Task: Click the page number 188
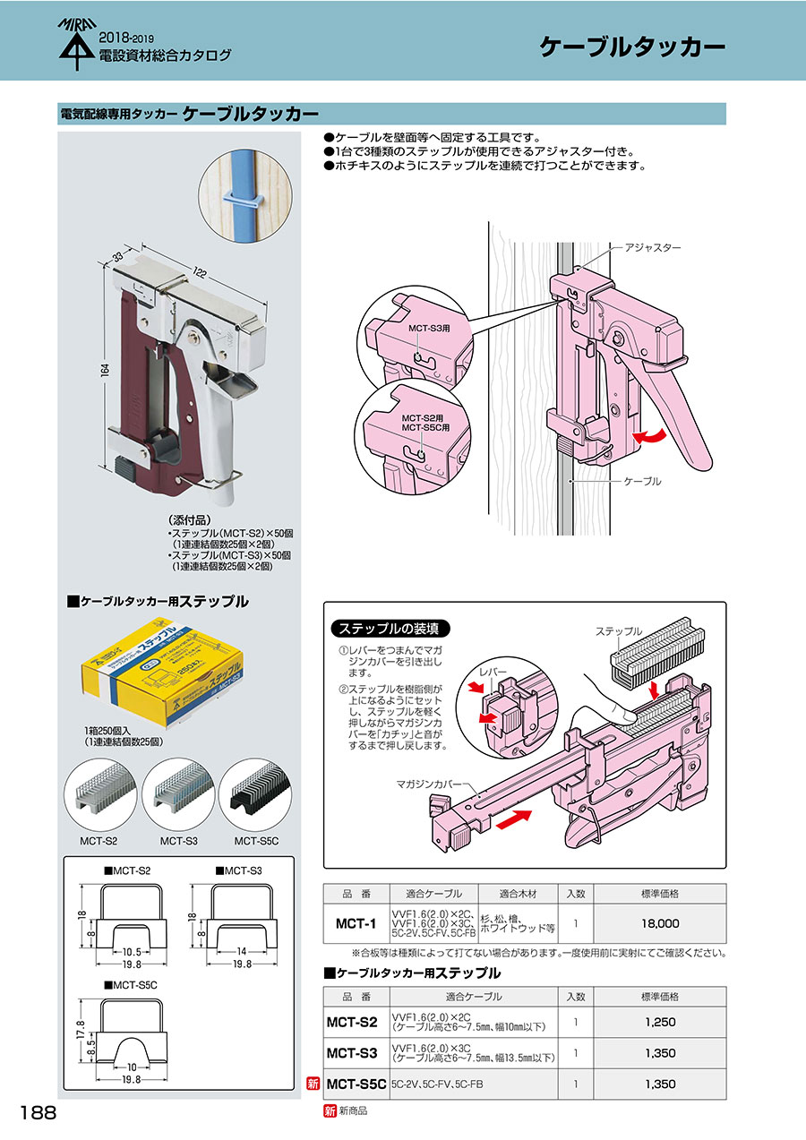click(x=38, y=1113)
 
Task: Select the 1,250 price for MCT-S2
click(x=661, y=1022)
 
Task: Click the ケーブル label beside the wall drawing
click(x=641, y=482)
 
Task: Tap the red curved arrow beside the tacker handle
click(x=647, y=436)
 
